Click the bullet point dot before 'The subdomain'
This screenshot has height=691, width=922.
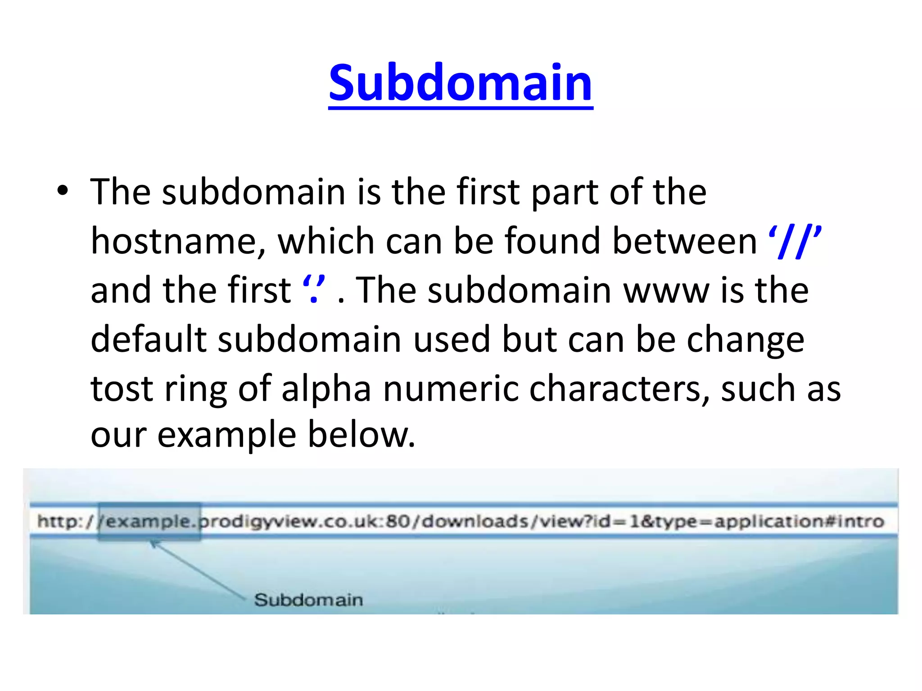[63, 191]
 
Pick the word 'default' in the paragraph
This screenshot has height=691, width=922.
[149, 340]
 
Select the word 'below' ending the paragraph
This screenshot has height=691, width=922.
[356, 435]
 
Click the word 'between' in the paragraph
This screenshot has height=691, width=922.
[684, 242]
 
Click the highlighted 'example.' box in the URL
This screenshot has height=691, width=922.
[149, 521]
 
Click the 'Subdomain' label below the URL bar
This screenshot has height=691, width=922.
[308, 600]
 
